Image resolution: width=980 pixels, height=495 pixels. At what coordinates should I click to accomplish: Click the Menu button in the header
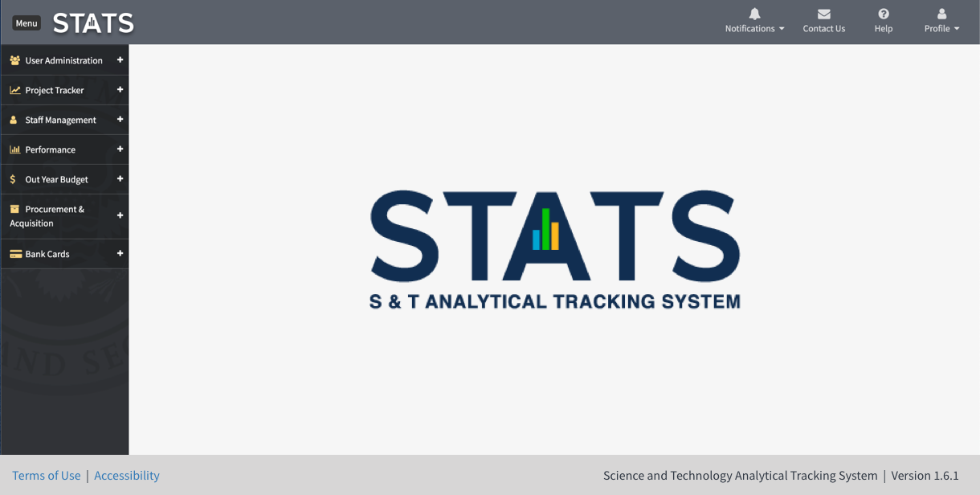point(27,23)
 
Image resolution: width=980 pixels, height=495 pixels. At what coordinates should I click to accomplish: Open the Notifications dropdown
point(754,22)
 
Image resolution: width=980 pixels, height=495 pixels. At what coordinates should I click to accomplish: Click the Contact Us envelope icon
point(823,14)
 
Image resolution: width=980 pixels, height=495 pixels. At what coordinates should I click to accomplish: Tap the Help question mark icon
point(884,14)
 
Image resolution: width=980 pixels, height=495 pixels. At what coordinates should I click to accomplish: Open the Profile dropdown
point(941,22)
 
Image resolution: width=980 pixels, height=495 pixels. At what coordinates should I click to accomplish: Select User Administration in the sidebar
point(63,60)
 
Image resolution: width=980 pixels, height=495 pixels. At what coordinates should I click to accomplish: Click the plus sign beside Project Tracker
point(120,90)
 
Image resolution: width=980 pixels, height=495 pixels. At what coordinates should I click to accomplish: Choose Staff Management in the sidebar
point(60,120)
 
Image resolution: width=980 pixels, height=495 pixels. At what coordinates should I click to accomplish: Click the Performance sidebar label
point(50,149)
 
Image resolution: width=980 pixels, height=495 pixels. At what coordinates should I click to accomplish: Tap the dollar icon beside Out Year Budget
point(13,179)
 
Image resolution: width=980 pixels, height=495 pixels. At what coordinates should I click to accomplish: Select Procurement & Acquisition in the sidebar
point(54,216)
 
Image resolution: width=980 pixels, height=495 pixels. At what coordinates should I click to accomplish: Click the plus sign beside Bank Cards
point(120,254)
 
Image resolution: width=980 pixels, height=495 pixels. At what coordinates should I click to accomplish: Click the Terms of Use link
point(47,476)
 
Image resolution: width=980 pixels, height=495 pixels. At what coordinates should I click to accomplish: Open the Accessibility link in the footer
point(127,476)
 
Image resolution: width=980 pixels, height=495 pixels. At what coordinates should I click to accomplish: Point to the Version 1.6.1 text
point(925,476)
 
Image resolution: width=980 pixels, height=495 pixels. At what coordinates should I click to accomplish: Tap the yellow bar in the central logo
point(554,235)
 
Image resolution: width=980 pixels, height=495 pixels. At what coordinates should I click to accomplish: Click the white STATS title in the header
point(93,23)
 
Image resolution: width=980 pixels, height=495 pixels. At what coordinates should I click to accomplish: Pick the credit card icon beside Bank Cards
point(15,254)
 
